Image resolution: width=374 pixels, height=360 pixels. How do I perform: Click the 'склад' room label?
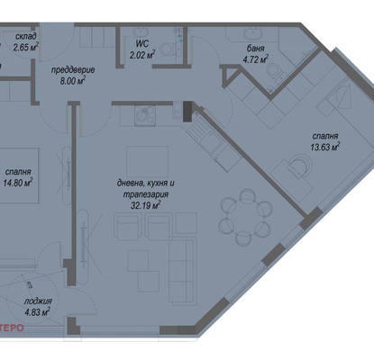coord(26,37)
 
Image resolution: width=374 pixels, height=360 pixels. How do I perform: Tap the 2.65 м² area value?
coord(25,47)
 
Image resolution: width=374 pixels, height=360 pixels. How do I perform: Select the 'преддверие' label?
coord(73,70)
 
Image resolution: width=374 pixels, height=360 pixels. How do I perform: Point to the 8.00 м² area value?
coord(73,81)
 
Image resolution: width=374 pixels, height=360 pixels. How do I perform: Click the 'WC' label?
coord(142,43)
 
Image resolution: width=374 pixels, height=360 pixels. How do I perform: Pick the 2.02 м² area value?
coord(142,55)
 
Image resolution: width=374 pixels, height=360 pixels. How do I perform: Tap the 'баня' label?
coord(256,49)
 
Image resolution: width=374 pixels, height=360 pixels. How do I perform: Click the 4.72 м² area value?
coord(255,59)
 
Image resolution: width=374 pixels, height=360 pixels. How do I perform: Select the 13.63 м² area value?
coord(325,148)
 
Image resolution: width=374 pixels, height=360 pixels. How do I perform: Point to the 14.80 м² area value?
coord(18,183)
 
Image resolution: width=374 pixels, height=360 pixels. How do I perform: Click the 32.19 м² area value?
coord(145,205)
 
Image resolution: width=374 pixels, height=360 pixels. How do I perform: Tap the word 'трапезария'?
coord(146,194)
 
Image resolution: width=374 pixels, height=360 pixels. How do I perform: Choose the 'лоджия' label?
coord(38,301)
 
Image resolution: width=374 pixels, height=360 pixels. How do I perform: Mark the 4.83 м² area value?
coord(38,312)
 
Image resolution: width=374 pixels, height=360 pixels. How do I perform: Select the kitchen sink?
coord(145,115)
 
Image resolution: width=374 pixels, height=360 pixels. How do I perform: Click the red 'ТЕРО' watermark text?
coord(12,328)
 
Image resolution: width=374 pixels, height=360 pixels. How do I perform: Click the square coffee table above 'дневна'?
coord(147,162)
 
